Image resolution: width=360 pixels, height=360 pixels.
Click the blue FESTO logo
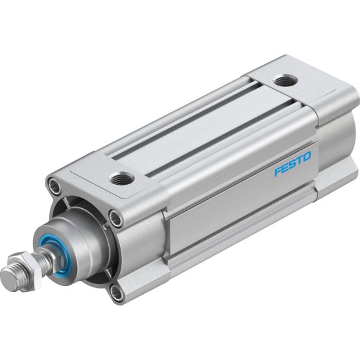click(293, 163)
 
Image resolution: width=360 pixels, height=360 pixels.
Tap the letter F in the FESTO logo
click(278, 172)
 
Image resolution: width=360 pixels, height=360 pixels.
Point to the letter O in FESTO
click(307, 156)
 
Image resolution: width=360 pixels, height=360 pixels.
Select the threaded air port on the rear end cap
click(285, 80)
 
